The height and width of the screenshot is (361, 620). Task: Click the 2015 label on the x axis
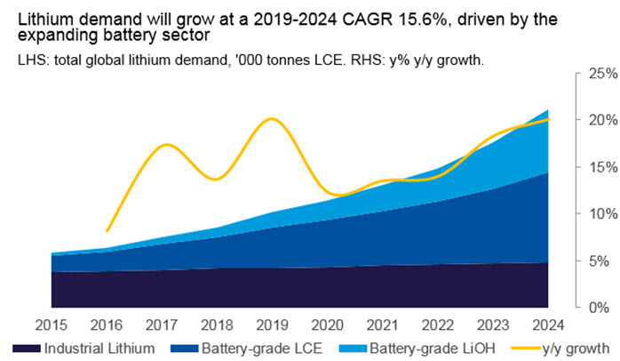(x=52, y=325)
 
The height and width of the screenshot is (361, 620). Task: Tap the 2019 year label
(x=272, y=325)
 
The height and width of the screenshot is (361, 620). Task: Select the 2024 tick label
(x=548, y=325)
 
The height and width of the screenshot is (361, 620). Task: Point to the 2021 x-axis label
(x=382, y=325)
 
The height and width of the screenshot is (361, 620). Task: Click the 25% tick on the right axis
(x=603, y=74)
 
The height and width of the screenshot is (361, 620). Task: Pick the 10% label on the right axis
(x=603, y=214)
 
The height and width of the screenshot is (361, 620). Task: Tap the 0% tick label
(x=600, y=308)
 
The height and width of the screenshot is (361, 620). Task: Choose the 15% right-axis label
(x=603, y=167)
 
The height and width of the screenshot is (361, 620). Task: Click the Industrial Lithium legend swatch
(x=27, y=349)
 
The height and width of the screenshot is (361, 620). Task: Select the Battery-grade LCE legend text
(x=262, y=349)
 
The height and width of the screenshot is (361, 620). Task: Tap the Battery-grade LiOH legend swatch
(x=354, y=349)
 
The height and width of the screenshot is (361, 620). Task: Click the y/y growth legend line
(x=526, y=349)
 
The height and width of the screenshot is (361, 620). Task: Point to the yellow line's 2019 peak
(x=271, y=119)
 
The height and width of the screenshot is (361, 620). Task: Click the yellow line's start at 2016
(x=107, y=231)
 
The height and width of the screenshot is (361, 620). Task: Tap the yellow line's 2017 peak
(x=166, y=144)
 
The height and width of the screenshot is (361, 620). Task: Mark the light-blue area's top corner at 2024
(x=548, y=109)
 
